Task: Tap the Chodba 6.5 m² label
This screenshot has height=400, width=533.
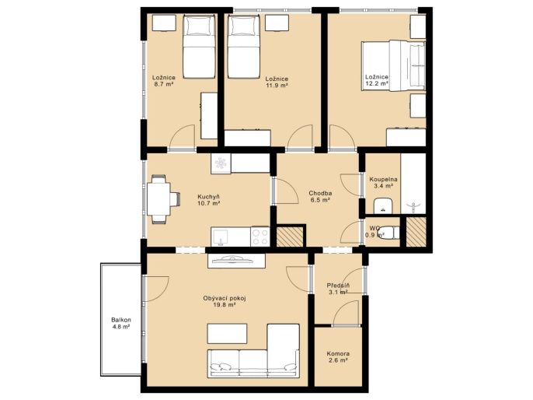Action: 320,197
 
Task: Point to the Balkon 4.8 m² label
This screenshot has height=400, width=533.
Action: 121,324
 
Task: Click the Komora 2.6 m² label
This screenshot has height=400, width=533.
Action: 338,357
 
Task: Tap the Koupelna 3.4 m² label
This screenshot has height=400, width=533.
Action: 384,182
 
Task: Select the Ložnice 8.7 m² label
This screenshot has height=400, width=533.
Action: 164,81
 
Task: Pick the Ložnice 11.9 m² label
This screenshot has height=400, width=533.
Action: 277,82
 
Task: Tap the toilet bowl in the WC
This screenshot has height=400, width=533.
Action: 388,233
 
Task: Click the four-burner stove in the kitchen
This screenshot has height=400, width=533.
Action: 260,237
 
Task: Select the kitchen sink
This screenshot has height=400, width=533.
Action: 221,237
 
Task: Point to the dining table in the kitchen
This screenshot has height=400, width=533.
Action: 159,199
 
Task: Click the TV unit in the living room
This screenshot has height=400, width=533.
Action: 236,261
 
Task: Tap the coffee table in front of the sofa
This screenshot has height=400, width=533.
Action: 227,334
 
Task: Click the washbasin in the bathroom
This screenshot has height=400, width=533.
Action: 384,205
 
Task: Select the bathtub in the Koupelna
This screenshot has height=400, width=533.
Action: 413,184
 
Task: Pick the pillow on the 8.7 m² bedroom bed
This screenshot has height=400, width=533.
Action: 200,26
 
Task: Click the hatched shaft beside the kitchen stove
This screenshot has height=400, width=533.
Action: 290,237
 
